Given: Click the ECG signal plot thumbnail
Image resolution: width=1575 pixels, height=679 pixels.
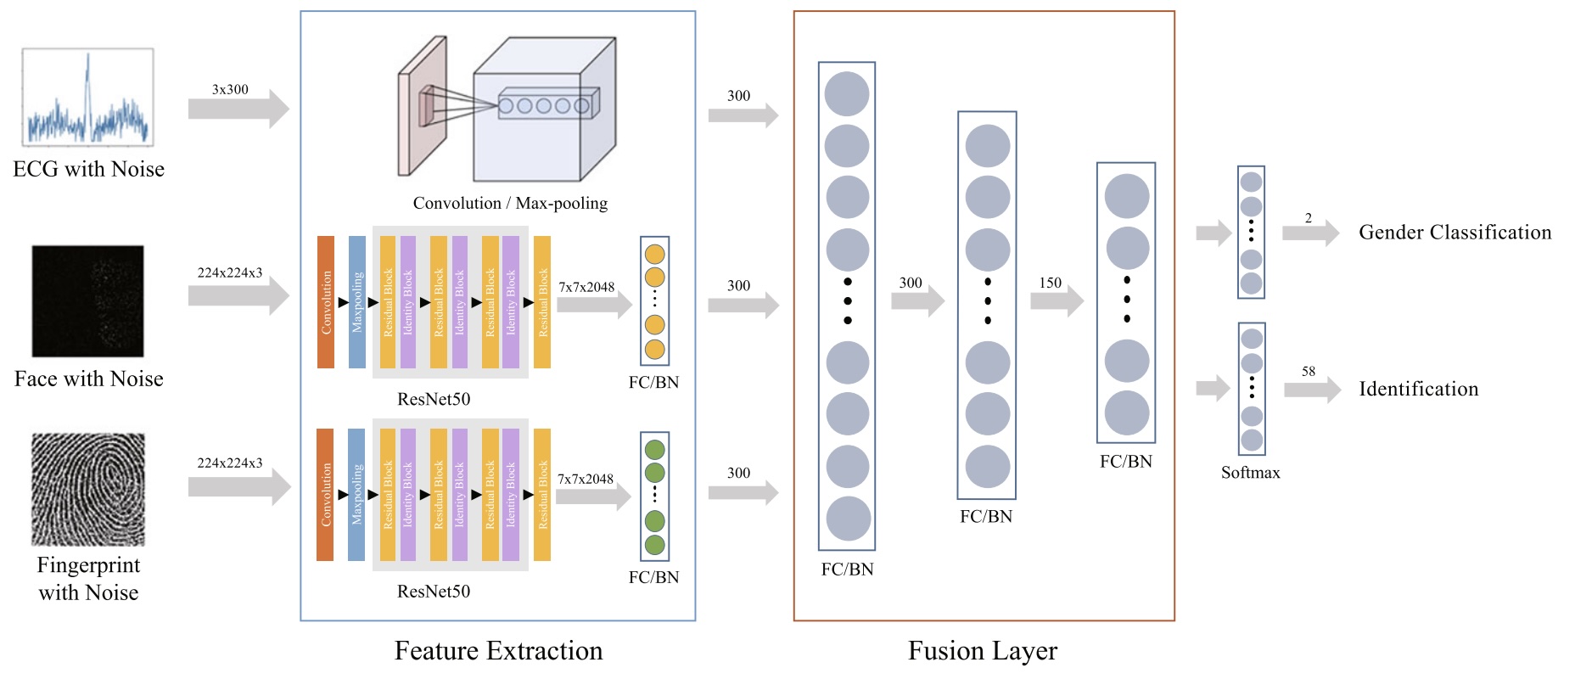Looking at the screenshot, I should click(x=87, y=97).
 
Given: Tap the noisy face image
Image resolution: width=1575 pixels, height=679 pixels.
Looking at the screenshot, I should click(x=87, y=301).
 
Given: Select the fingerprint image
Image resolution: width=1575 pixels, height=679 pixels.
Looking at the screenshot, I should click(x=88, y=489).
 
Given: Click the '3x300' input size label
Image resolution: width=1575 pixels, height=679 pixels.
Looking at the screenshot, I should click(x=230, y=89).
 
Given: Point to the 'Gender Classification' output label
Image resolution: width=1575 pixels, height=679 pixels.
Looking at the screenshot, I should click(x=1454, y=233).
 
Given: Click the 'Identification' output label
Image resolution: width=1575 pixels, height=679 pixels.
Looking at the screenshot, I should click(x=1418, y=389).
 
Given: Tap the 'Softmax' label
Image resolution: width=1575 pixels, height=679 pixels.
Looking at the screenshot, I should click(x=1250, y=473).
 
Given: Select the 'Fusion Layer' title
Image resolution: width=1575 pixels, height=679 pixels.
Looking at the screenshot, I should click(x=982, y=651).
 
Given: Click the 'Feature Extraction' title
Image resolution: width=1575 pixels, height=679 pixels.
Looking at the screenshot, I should click(x=498, y=651).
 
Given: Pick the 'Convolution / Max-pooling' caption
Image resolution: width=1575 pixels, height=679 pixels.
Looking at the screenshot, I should click(x=510, y=204).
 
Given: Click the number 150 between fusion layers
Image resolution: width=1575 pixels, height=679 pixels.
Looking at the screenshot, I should click(x=1051, y=283).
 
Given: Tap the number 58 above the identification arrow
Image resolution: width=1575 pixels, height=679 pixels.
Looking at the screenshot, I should click(x=1309, y=371).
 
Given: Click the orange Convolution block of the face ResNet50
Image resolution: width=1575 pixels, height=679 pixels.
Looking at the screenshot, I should click(x=326, y=302).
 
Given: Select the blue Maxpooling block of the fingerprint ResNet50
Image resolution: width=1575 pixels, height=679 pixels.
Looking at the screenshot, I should click(x=356, y=495).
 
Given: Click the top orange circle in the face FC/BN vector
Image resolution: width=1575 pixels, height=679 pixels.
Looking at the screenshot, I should click(x=654, y=254).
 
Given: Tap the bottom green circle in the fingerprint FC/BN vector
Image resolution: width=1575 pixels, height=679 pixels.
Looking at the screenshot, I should click(x=654, y=545).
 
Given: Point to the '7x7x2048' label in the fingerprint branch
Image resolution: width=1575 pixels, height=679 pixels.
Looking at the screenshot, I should click(x=586, y=480).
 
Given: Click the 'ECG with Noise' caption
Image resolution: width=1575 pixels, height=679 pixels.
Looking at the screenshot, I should click(x=88, y=170).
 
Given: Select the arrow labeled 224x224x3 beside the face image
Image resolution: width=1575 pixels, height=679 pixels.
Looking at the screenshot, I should click(x=238, y=295).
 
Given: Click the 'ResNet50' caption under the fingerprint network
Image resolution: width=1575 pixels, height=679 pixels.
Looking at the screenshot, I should click(x=434, y=592).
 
